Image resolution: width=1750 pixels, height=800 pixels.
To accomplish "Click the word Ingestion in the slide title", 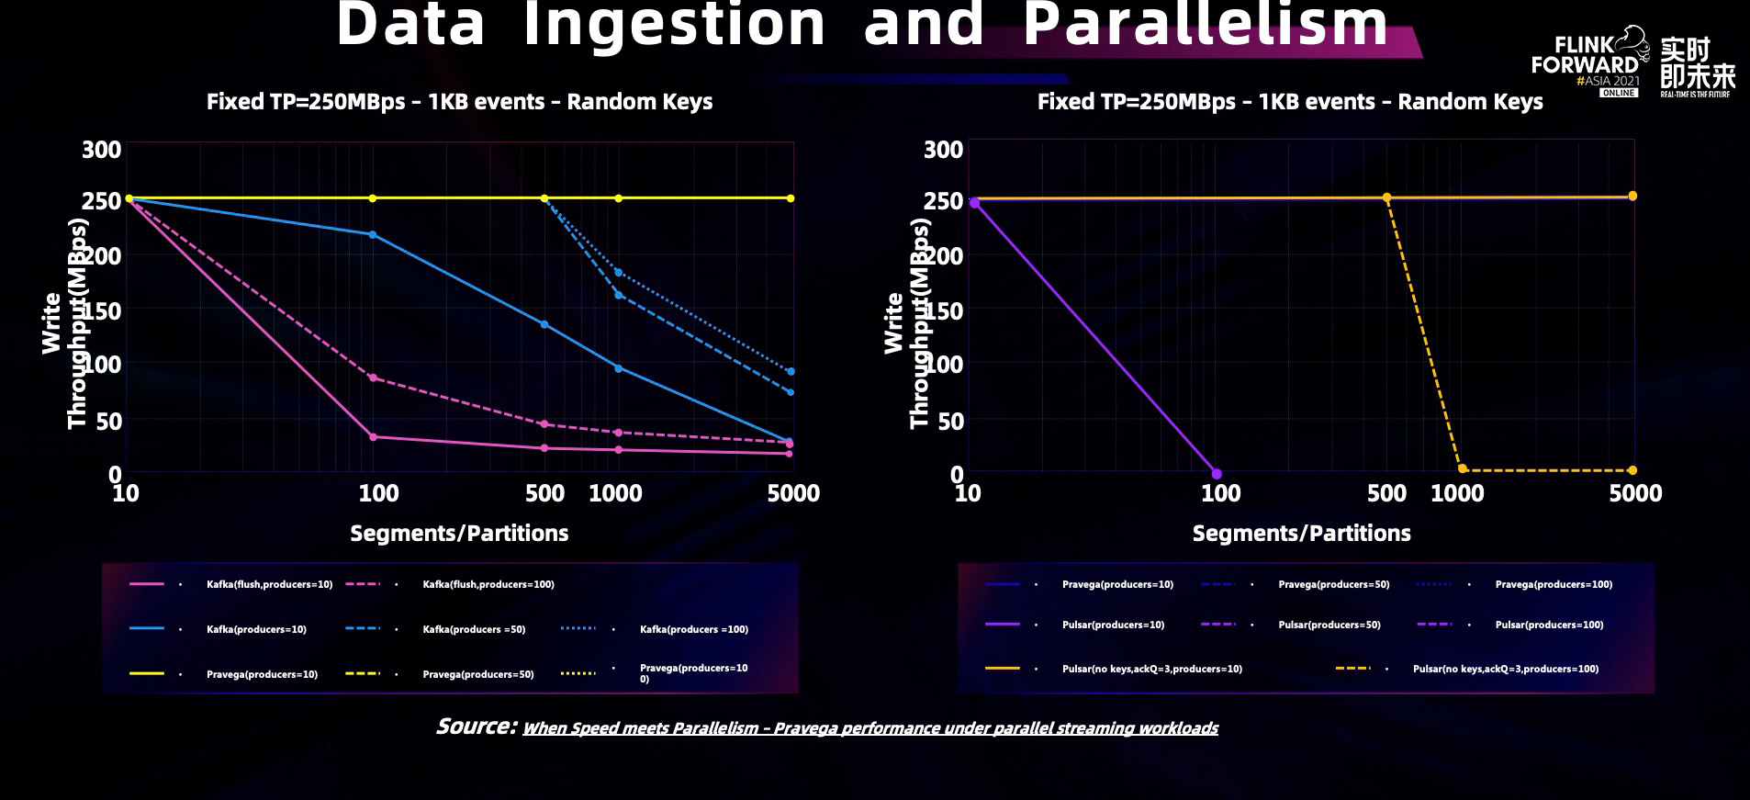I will (674, 24).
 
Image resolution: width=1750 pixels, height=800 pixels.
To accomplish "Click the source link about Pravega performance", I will (869, 728).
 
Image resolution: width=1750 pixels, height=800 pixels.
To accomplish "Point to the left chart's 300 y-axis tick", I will (101, 150).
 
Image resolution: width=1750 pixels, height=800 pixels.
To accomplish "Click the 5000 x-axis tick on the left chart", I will (793, 494).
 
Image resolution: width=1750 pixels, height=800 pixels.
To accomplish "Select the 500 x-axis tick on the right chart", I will (1386, 494).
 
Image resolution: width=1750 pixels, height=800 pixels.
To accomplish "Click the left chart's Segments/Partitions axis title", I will (459, 534).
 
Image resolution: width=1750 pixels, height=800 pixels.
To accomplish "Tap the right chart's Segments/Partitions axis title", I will (1301, 534).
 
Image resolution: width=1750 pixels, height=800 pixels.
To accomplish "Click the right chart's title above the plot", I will (1290, 102).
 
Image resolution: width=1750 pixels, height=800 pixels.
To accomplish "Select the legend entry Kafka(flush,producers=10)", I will (269, 584).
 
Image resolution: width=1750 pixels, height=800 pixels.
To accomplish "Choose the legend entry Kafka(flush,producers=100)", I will (488, 584).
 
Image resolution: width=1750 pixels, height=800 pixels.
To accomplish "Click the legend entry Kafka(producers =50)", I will (474, 629).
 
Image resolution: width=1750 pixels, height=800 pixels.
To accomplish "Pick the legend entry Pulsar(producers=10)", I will (1113, 625).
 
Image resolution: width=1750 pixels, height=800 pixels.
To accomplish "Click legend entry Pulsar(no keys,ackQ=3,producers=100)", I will (1505, 669).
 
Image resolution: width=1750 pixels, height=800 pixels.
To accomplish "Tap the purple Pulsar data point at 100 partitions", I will (1217, 474).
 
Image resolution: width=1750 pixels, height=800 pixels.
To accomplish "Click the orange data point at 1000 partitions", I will (1463, 469).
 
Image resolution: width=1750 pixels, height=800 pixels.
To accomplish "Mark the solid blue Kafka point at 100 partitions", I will (372, 235).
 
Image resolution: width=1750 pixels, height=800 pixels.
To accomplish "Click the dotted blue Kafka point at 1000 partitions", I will (618, 273).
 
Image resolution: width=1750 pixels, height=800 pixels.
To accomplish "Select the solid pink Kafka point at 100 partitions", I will (373, 437).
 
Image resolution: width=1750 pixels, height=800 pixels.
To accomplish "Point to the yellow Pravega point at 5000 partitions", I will (791, 198).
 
